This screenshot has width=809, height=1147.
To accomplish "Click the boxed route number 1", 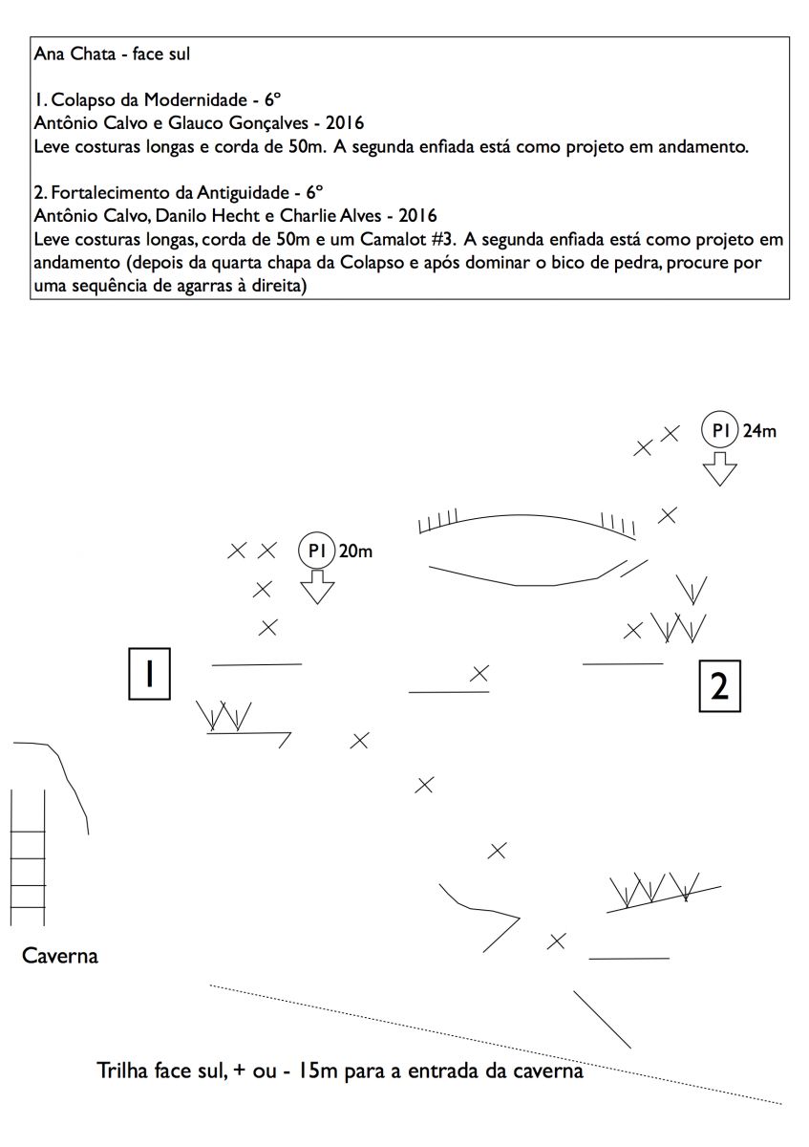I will click(x=150, y=674).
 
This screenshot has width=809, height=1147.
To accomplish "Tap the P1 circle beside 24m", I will click(x=719, y=430).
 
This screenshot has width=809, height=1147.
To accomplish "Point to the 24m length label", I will click(x=759, y=431).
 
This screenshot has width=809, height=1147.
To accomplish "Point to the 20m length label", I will click(x=355, y=552).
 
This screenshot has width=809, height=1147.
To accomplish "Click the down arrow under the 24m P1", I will click(x=719, y=468).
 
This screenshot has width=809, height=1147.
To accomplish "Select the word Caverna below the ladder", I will click(x=59, y=955).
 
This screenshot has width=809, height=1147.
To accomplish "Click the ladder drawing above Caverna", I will click(x=29, y=857).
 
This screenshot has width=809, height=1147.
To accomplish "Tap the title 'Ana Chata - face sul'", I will click(x=112, y=54).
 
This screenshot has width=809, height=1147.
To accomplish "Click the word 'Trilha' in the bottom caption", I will click(x=123, y=1071).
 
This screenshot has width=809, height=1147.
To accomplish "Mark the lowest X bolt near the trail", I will click(x=556, y=941).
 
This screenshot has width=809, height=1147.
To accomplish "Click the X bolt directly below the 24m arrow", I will click(x=669, y=515).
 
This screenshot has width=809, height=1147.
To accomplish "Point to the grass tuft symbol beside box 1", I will click(x=224, y=716).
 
